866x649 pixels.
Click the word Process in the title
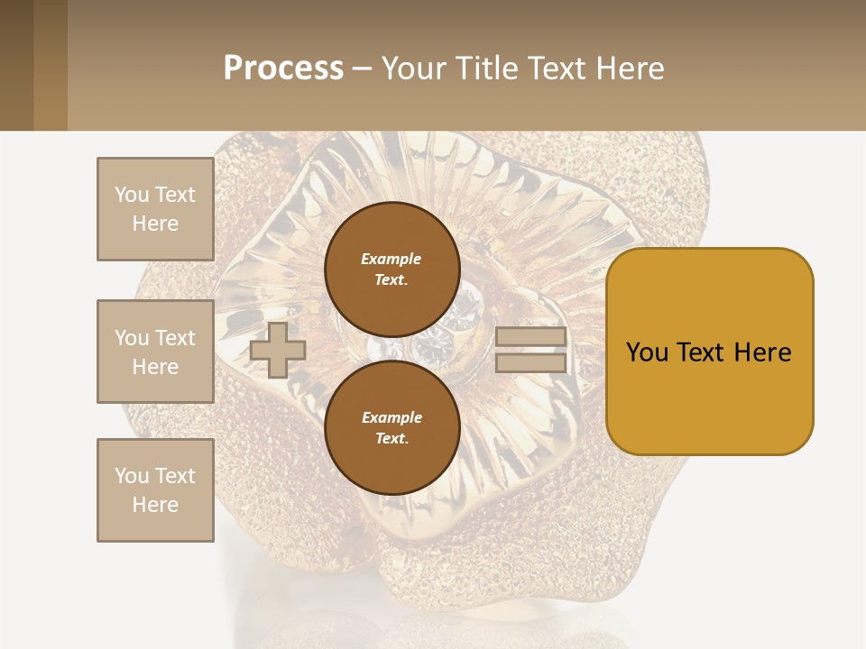[x=283, y=69]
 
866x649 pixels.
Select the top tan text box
[x=155, y=209]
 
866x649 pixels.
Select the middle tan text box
[x=155, y=352]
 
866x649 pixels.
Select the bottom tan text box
[x=155, y=490]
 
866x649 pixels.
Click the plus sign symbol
[x=278, y=350]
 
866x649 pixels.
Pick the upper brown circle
[x=392, y=269]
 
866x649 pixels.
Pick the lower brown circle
[x=392, y=428]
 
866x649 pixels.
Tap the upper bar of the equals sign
[x=531, y=337]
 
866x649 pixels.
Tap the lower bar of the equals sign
[x=531, y=363]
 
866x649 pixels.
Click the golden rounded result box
[x=709, y=352]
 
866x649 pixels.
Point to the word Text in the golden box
[x=704, y=352]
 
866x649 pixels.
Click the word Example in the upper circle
[x=392, y=259]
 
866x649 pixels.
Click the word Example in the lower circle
[x=392, y=417]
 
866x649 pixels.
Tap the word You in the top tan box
[x=132, y=195]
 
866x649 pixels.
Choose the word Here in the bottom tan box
[x=155, y=505]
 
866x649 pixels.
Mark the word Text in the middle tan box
[x=174, y=338]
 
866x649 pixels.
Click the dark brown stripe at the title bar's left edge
[x=16, y=65]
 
